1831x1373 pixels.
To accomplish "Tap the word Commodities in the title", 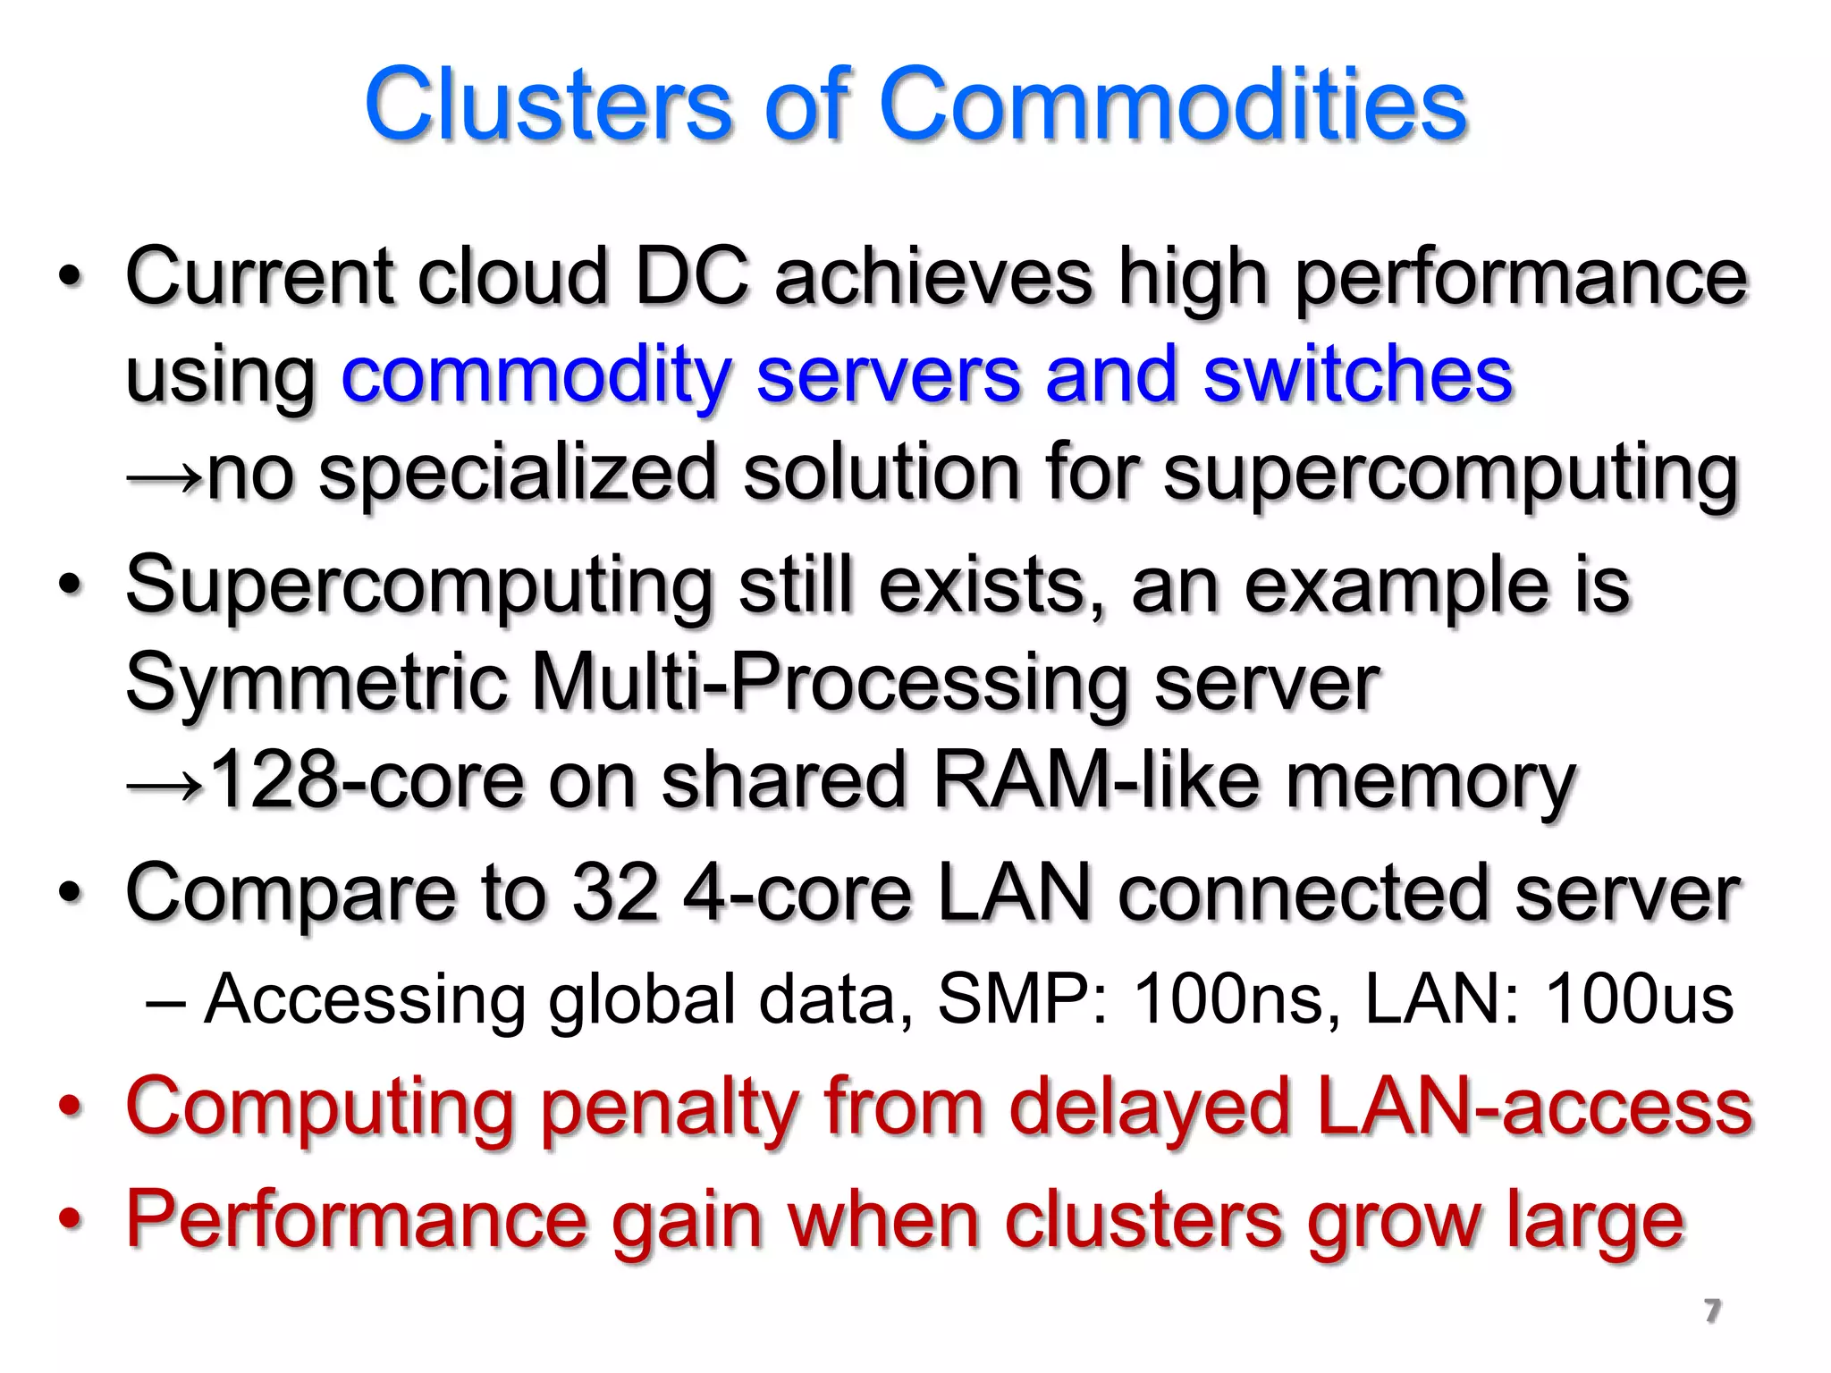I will tap(1173, 105).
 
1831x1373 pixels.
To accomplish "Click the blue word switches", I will tap(1357, 375).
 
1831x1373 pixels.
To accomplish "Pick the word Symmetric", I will tap(316, 683).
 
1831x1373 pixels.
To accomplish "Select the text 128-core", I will tap(366, 781).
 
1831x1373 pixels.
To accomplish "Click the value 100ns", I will tap(1228, 998).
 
